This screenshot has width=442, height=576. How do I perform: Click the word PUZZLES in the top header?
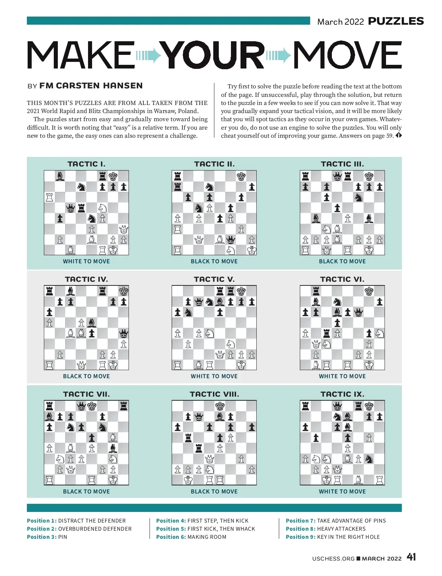coord(396,21)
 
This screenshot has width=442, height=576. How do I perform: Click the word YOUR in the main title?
coord(214,55)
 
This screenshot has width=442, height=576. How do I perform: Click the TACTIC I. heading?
coord(86,164)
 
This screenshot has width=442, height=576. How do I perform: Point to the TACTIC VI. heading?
coord(342,279)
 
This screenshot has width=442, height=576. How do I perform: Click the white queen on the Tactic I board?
coord(124,229)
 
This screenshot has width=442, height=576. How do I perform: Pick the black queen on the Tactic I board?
coord(70,208)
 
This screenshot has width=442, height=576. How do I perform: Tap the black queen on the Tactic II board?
coord(231,240)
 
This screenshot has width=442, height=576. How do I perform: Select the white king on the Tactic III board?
coord(369,250)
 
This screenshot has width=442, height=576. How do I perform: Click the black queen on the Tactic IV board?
coord(124,334)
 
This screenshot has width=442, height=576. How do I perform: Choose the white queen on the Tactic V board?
coord(220,355)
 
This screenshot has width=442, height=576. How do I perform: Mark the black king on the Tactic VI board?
coord(369,291)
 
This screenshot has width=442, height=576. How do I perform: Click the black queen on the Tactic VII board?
coord(81,406)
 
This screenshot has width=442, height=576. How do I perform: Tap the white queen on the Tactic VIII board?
coord(209,459)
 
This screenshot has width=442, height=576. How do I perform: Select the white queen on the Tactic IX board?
coord(337,470)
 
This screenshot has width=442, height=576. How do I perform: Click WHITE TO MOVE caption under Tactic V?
coord(214,376)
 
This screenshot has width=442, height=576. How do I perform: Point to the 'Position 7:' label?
coord(300,521)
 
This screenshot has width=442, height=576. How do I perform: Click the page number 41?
coord(411,557)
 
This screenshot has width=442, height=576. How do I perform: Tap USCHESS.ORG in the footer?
coord(333,559)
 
